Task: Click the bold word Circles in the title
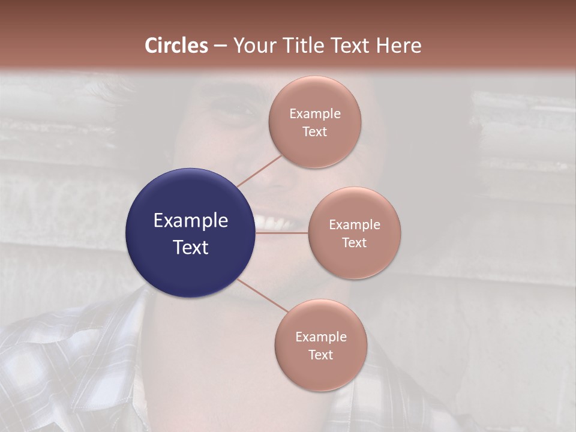(x=176, y=46)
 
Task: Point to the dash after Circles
(x=220, y=46)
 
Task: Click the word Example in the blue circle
(x=191, y=220)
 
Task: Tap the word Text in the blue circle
(x=191, y=247)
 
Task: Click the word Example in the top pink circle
(x=314, y=113)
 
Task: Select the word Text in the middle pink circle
(x=354, y=242)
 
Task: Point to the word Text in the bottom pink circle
(x=320, y=355)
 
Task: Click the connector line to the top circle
(x=259, y=171)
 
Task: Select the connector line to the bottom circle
(x=263, y=296)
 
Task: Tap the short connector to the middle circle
(x=282, y=232)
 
